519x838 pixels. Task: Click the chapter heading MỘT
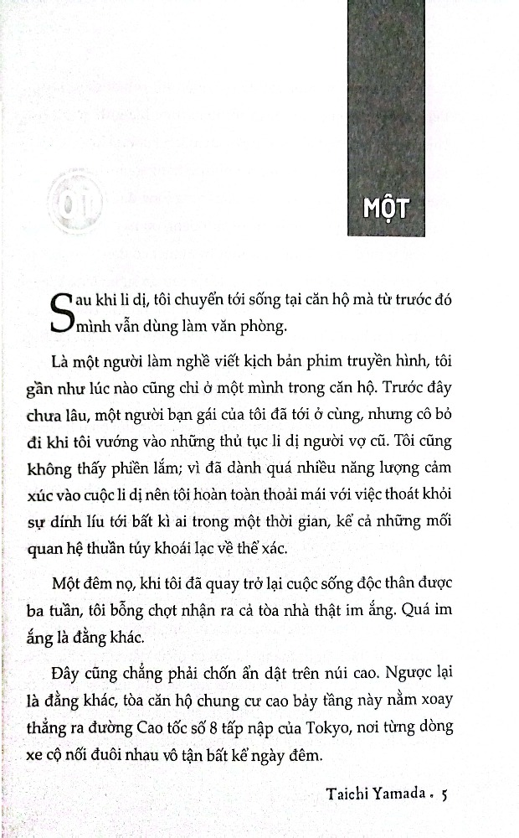386,207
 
